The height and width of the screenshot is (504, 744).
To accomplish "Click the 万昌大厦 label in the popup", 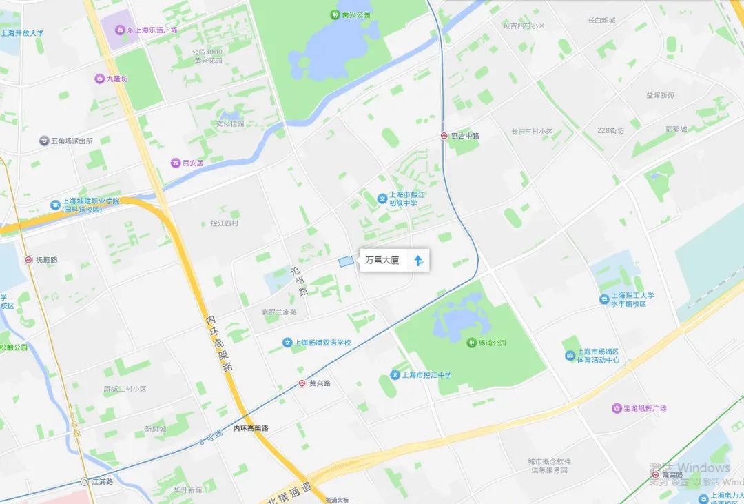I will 382,261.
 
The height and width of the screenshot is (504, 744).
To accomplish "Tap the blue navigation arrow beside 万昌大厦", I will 418,261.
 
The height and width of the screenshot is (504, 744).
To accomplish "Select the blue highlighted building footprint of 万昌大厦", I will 345,261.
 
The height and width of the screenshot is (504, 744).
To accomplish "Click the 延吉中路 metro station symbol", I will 444,136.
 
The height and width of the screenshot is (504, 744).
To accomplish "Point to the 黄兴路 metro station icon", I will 302,383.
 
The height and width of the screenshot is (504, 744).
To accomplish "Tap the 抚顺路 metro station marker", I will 28,261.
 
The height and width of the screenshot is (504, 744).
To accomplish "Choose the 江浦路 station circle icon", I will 85,481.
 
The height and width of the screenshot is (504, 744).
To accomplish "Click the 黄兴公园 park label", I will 355,14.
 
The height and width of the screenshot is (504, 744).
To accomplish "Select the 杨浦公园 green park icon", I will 471,343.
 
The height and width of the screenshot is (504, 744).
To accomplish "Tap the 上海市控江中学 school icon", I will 395,375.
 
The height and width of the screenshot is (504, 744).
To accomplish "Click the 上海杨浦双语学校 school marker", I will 287,343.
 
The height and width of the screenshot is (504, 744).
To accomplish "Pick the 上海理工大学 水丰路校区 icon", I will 603,299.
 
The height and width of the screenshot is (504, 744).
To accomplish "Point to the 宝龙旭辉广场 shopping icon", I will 616,408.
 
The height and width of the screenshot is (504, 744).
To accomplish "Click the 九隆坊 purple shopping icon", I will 99,79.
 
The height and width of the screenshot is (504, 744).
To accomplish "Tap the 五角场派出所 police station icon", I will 44,141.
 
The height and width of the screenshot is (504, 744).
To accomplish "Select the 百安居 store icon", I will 176,163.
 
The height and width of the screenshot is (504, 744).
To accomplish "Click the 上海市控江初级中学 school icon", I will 382,199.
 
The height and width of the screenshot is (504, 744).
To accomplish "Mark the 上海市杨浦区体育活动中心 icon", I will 570,355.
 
